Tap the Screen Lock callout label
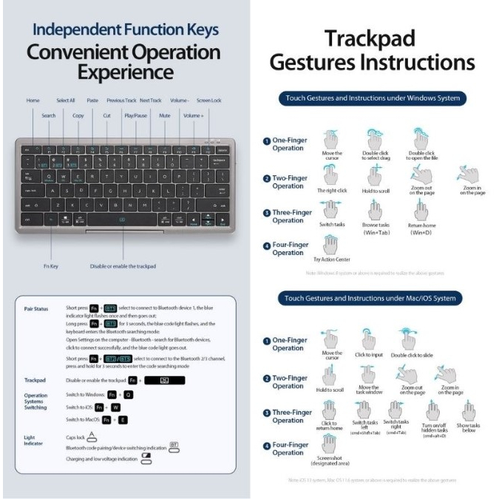pos(209,100)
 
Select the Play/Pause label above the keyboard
pos(135,116)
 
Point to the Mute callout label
pos(165,116)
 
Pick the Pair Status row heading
pos(38,308)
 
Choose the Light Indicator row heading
pos(35,441)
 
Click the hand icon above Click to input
pos(366,338)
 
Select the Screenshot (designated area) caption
pos(332,461)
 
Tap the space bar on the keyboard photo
pos(123,219)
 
